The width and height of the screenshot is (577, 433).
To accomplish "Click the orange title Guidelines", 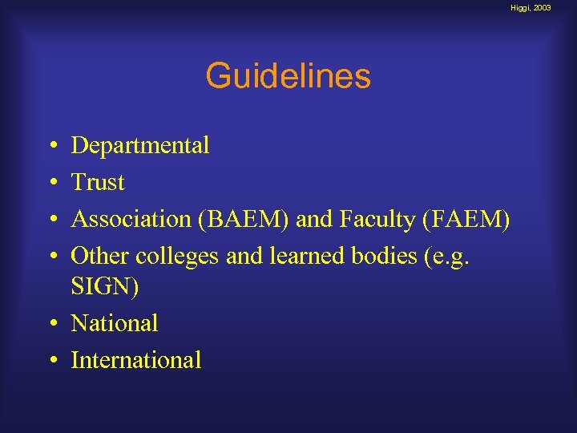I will click(x=288, y=77).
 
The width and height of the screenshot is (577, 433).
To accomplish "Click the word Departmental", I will click(x=140, y=146).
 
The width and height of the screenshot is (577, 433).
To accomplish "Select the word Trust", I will click(x=98, y=183).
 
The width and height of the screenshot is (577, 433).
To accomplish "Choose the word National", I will click(x=115, y=323).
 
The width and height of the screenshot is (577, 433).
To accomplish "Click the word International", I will click(x=136, y=360).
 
